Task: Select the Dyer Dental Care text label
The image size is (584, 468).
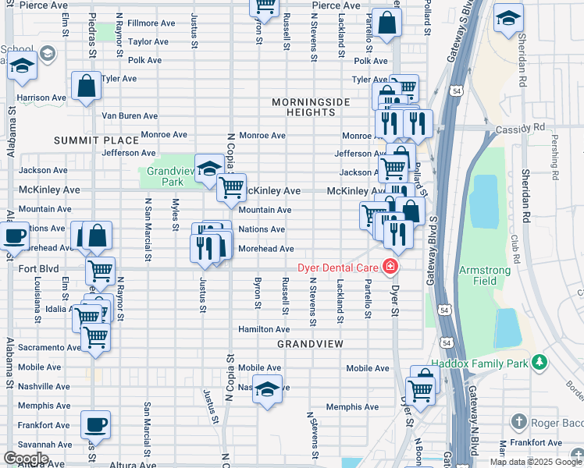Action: click(x=337, y=268)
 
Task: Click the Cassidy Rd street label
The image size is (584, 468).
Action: click(x=529, y=126)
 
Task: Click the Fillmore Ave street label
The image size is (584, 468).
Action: click(x=148, y=23)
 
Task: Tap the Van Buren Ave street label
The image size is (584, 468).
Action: click(x=130, y=115)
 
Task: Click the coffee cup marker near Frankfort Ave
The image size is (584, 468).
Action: click(x=96, y=425)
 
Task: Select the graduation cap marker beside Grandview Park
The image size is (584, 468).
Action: click(x=208, y=168)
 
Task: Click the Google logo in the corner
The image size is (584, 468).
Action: click(x=26, y=459)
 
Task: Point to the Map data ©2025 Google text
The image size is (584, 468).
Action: click(x=536, y=462)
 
